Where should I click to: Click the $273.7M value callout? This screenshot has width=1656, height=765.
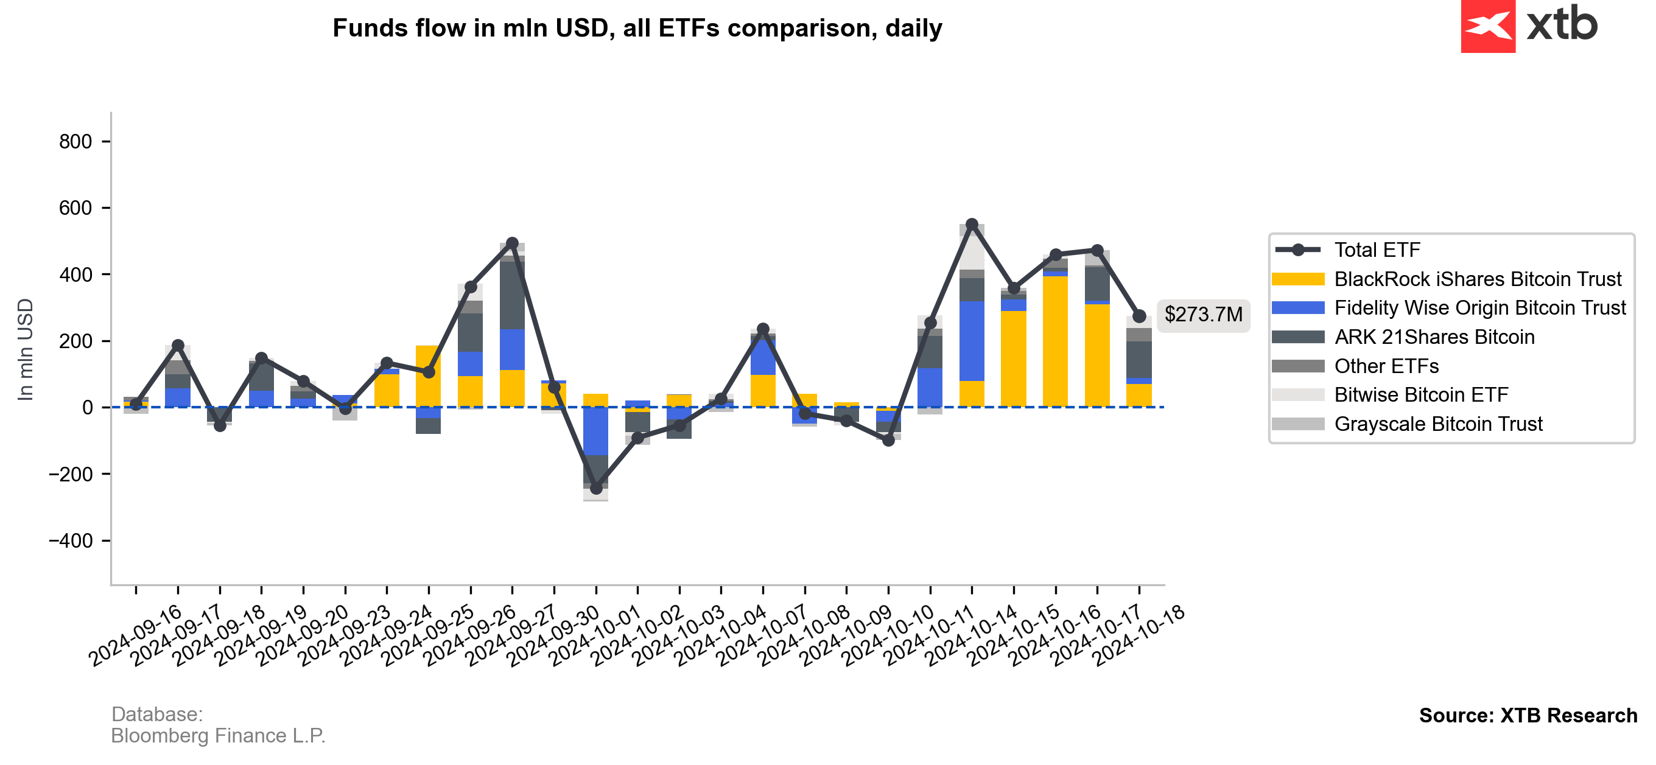(x=1203, y=315)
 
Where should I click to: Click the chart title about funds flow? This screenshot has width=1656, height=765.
(x=637, y=28)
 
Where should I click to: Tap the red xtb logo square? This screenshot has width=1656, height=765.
(x=1487, y=26)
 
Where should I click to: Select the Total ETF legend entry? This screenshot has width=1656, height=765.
(x=1377, y=250)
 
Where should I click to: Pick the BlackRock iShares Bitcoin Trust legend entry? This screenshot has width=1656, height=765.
(x=1477, y=279)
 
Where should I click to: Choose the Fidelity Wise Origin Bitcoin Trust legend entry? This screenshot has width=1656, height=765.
(x=1479, y=308)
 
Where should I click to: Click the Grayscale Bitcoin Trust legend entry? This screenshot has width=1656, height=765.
(x=1438, y=424)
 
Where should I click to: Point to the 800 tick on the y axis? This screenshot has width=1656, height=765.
(x=76, y=141)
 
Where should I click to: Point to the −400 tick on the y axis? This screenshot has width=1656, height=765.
(x=71, y=540)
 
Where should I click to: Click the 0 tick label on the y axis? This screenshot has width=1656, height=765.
(x=88, y=408)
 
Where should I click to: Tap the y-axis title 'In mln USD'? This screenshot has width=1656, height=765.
(x=26, y=350)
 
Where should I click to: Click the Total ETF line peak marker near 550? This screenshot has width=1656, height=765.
(x=972, y=225)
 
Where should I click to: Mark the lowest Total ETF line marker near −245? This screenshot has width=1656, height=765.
(x=596, y=489)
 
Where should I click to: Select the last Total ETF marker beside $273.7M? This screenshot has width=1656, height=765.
(x=1139, y=316)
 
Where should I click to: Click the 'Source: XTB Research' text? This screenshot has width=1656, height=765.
(x=1528, y=716)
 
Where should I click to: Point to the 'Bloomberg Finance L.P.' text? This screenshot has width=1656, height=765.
(x=218, y=736)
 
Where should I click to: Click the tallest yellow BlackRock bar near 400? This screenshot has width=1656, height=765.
(x=1056, y=341)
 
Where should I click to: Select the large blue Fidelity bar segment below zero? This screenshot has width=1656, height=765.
(x=596, y=431)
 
